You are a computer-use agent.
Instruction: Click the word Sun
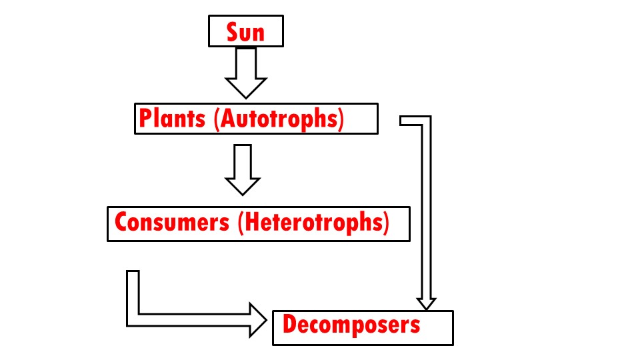[245, 31]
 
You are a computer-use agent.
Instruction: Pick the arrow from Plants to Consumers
[242, 169]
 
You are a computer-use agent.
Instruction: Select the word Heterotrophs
[312, 222]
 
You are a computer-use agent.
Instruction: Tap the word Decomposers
[351, 325]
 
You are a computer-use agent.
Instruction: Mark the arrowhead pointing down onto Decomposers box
[426, 302]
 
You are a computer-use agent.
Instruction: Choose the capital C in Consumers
[121, 222]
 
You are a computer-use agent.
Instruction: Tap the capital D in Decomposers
[289, 325]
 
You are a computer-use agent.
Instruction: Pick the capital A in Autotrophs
[225, 119]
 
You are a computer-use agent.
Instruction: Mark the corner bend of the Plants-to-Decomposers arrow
[425, 121]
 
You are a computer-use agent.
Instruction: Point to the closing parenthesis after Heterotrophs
[385, 222]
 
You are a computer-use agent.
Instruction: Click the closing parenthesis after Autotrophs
[340, 119]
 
